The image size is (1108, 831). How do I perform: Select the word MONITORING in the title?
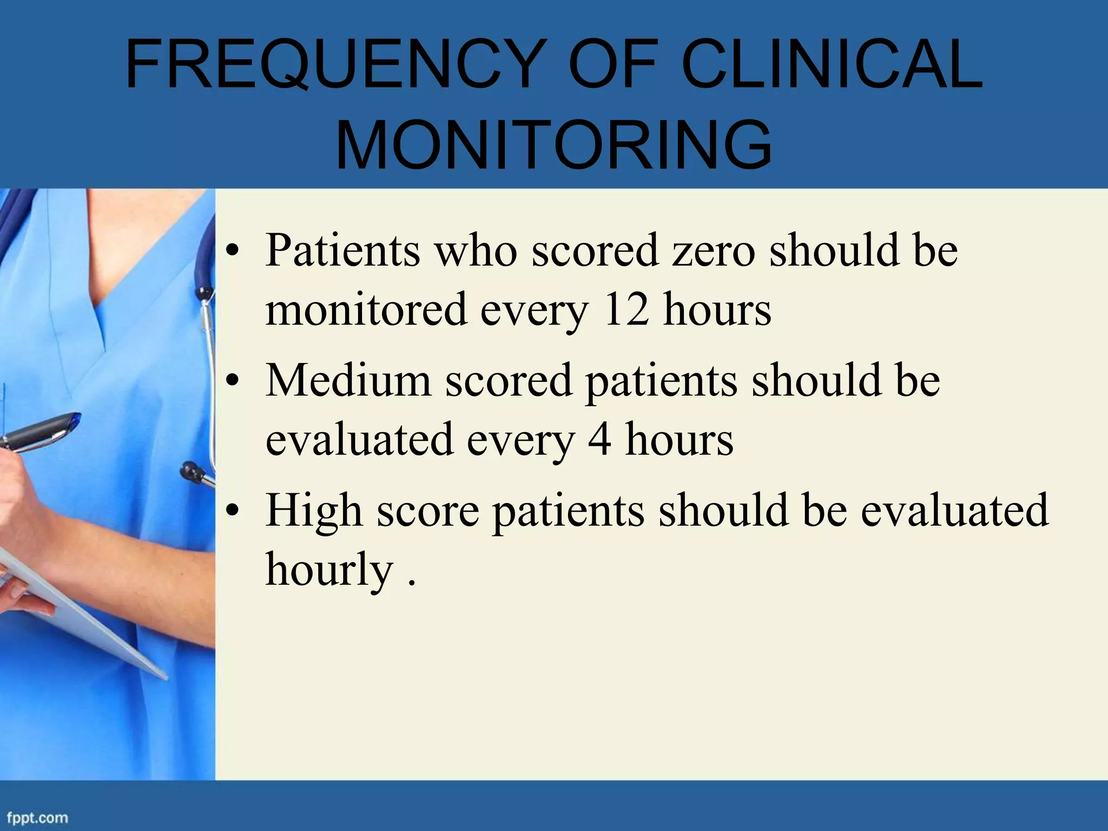(x=553, y=145)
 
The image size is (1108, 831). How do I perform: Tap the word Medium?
(x=348, y=381)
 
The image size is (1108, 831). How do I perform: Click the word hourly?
(x=329, y=570)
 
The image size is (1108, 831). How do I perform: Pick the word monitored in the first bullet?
(x=366, y=309)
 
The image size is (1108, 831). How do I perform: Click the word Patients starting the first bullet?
(x=342, y=251)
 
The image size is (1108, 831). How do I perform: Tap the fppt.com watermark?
(x=37, y=817)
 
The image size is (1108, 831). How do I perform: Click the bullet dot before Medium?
(x=233, y=381)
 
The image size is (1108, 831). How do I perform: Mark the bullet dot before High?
(x=233, y=511)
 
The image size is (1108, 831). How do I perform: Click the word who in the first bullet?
(x=476, y=251)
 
